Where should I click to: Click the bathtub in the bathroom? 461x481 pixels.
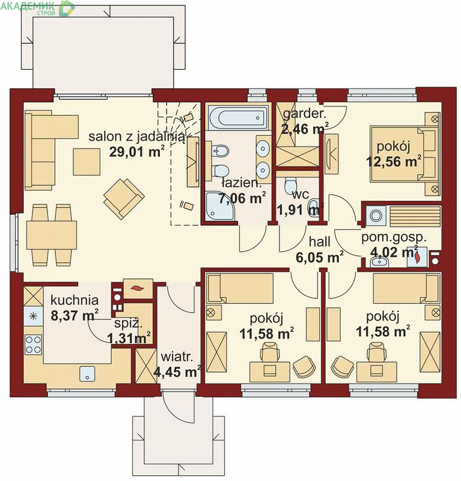[237, 117]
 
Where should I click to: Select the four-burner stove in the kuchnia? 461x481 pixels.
[33, 345]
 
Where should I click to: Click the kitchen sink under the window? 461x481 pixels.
[87, 374]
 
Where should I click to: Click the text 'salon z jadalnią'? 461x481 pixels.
[137, 136]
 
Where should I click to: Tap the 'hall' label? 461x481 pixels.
[320, 242]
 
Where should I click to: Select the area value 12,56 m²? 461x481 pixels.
[394, 161]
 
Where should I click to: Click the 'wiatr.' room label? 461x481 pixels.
[177, 357]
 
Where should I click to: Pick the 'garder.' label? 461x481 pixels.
[305, 114]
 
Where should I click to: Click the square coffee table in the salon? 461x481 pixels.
[87, 162]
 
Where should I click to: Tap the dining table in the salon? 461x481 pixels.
[52, 235]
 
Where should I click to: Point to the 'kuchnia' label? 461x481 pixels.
[75, 300]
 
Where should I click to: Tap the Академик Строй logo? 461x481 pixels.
[37, 8]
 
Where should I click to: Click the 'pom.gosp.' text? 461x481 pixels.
[394, 237]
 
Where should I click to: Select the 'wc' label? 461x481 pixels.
[301, 194]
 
